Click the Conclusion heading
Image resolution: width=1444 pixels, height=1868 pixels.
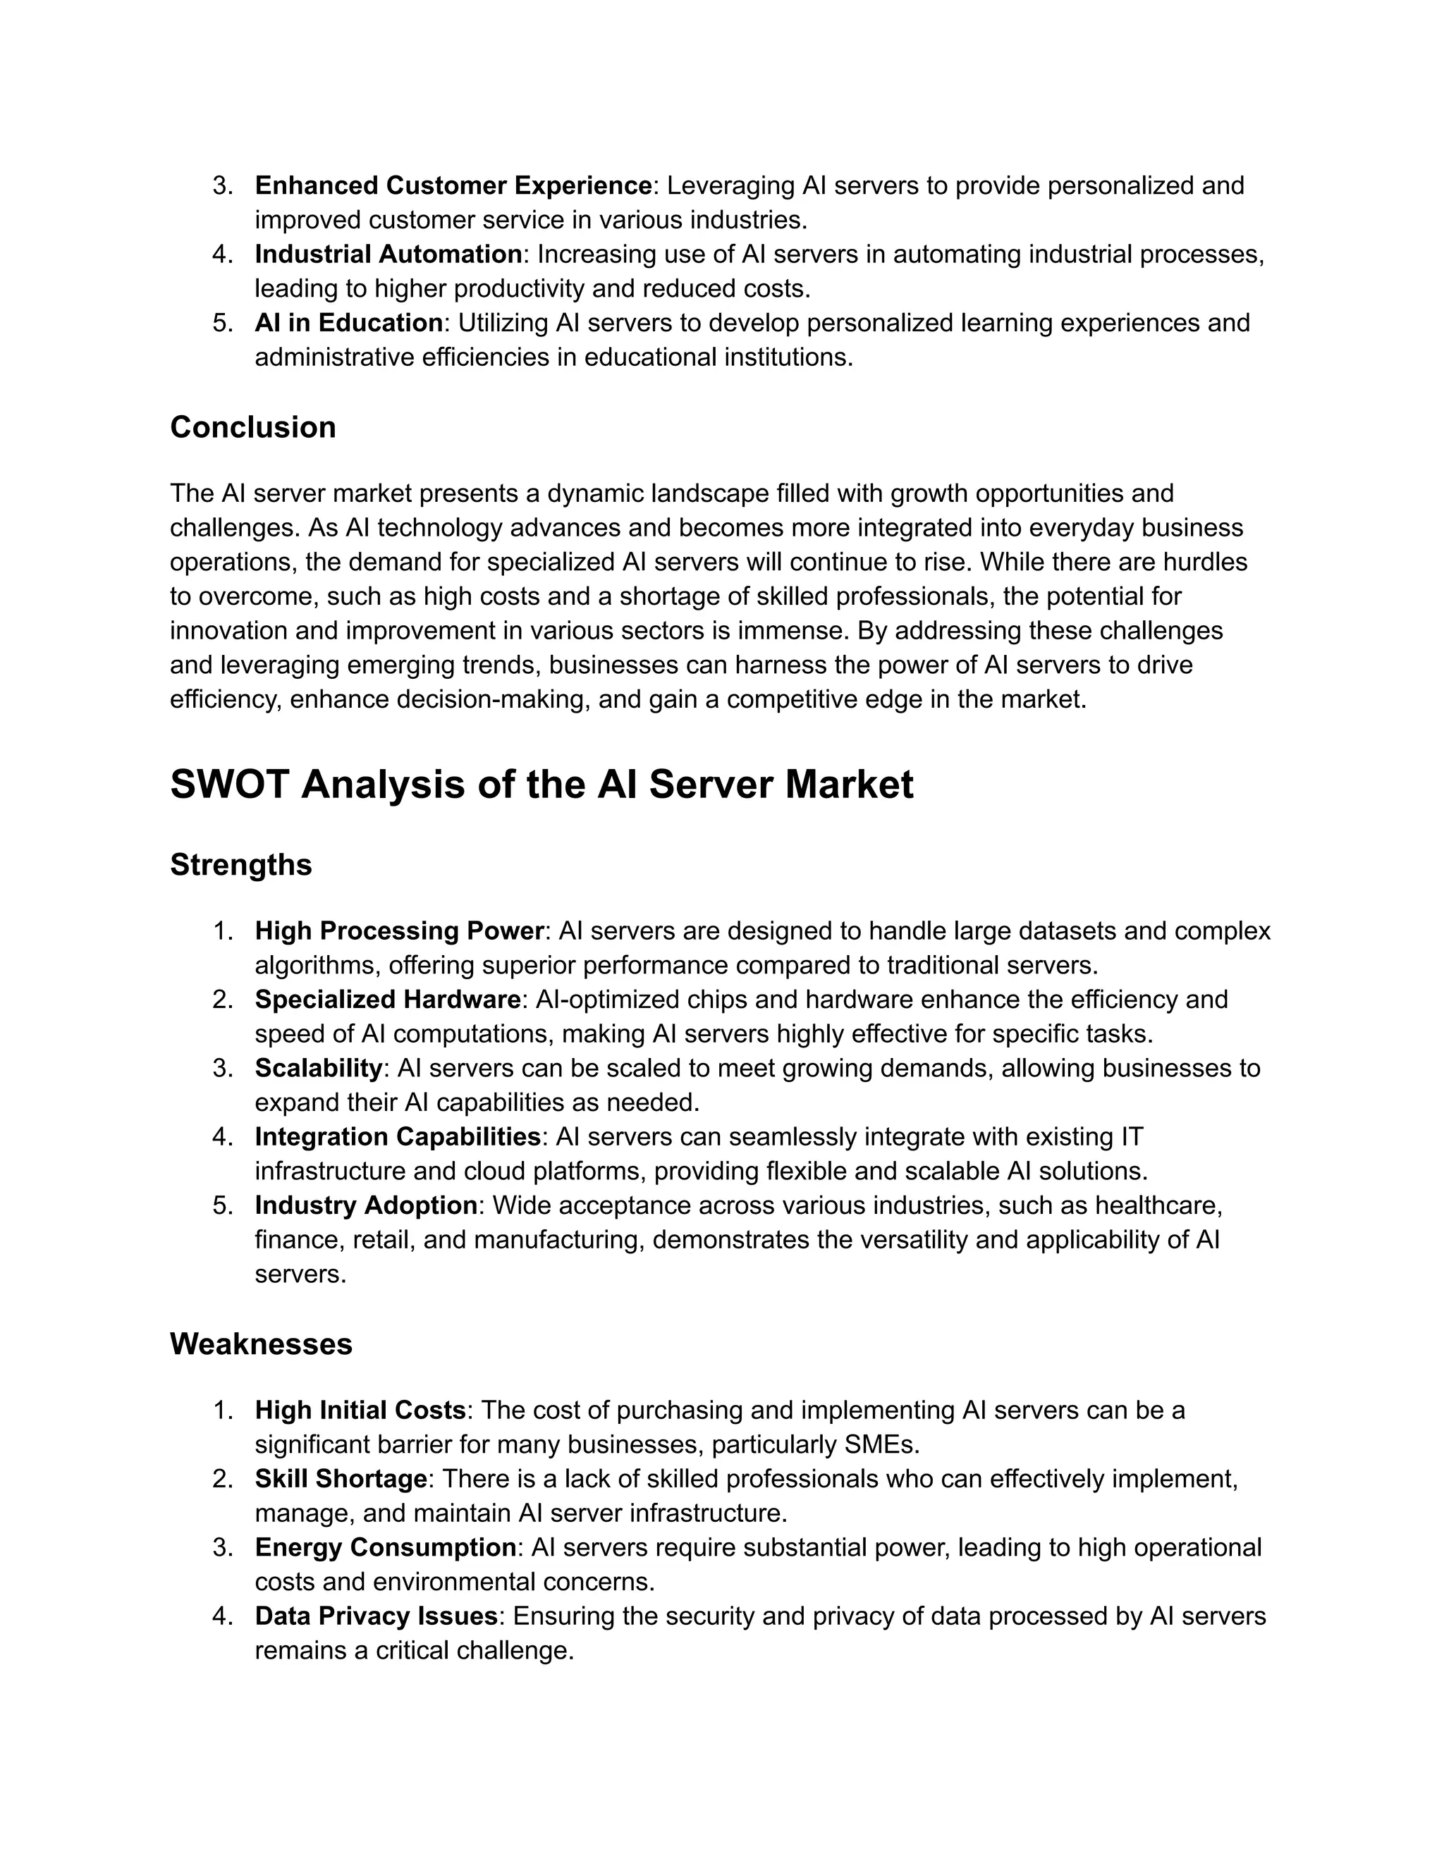click(252, 426)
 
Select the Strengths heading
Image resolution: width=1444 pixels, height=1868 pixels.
click(240, 865)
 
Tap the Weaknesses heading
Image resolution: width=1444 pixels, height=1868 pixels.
click(261, 1344)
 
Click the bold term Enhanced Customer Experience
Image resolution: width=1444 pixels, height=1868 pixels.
click(453, 185)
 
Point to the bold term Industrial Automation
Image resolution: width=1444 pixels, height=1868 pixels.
click(388, 254)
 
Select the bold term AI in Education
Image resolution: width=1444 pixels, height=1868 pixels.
click(349, 322)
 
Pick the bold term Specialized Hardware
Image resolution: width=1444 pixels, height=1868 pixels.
click(388, 999)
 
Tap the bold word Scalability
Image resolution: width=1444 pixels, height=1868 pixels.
click(318, 1067)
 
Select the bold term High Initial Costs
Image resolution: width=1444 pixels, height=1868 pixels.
click(360, 1410)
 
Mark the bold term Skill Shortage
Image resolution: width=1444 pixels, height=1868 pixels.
click(341, 1479)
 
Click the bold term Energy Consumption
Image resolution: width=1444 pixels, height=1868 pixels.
click(385, 1547)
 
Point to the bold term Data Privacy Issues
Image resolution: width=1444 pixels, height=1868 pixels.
click(377, 1616)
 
